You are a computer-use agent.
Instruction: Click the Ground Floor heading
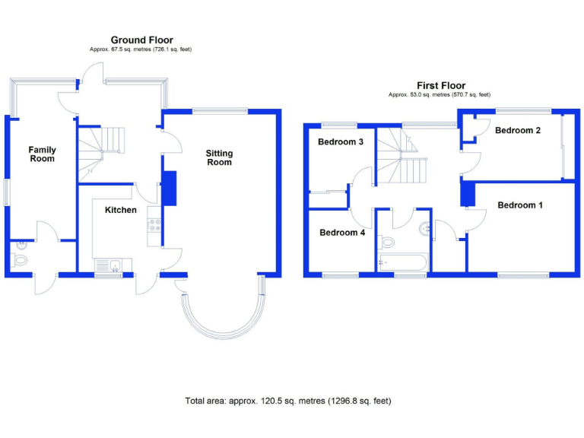141,40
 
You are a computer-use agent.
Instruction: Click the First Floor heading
441,86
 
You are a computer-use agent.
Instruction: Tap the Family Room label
43,154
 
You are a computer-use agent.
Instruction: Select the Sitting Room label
219,158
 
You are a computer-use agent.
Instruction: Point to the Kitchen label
121,210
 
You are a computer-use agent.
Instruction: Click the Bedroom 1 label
521,205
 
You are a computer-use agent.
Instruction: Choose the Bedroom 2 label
518,131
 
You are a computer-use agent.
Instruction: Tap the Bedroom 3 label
341,142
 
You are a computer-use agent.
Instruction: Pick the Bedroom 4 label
342,233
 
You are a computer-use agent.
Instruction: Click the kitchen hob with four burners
154,225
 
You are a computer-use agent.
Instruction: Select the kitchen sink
113,265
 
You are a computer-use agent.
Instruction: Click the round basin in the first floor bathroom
424,226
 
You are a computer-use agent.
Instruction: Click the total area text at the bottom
288,401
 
